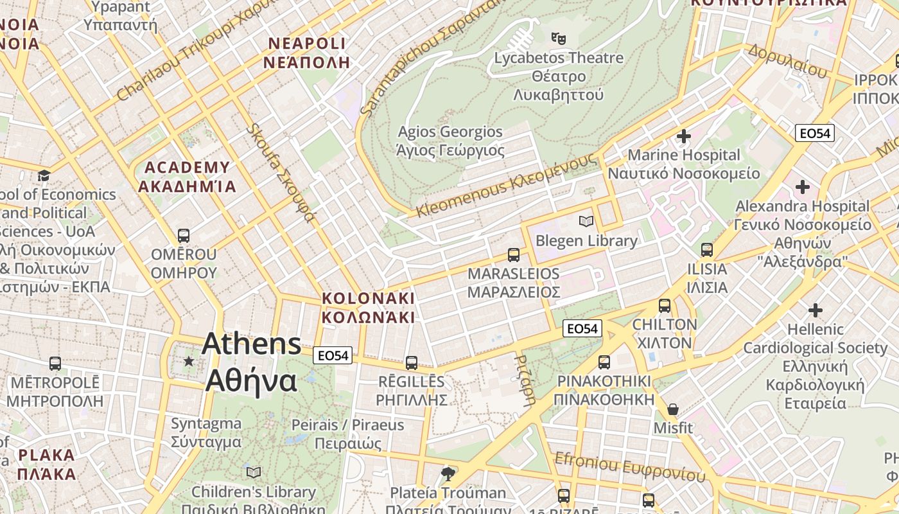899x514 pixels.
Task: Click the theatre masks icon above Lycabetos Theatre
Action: point(559,39)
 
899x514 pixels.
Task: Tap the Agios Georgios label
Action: point(450,141)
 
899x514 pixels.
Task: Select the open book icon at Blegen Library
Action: point(586,222)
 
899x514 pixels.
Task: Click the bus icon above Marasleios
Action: point(514,254)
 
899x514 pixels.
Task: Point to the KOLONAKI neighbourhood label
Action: point(369,308)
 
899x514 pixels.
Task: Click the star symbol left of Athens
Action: point(188,362)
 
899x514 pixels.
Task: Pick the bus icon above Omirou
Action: point(184,235)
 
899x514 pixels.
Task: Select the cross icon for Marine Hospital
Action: point(684,136)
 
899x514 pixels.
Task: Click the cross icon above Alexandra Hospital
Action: point(802,188)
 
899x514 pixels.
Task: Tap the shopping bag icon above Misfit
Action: point(673,409)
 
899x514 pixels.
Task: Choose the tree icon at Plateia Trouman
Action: point(448,474)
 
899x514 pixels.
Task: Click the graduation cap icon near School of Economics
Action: point(44,176)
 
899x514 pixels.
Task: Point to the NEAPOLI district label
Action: point(307,53)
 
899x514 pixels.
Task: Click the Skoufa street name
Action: point(280,172)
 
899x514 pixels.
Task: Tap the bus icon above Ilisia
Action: point(707,250)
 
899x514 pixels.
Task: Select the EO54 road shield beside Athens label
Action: point(333,355)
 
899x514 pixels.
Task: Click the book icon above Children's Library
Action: point(254,472)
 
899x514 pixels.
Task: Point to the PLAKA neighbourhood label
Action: point(46,465)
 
